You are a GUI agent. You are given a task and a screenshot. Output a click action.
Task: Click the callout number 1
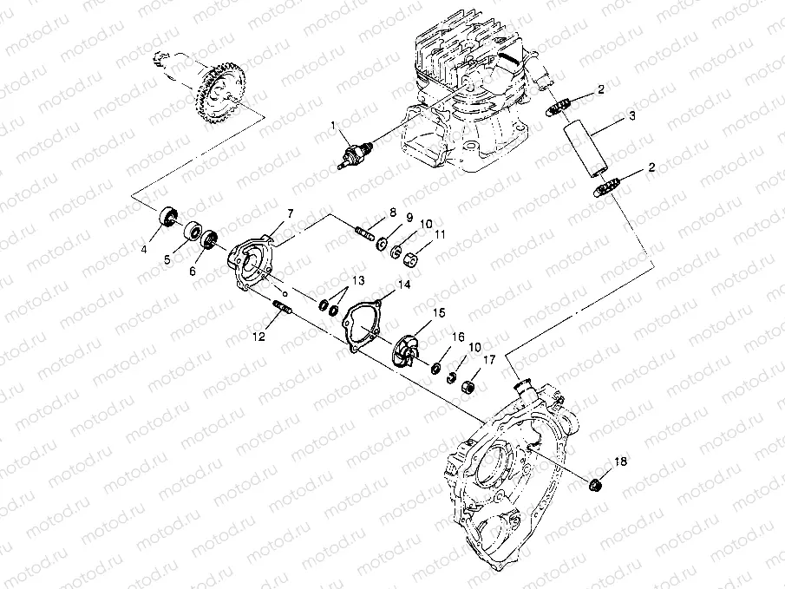pyautogui.click(x=333, y=125)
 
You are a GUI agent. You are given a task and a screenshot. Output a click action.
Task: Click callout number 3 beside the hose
pyautogui.click(x=632, y=116)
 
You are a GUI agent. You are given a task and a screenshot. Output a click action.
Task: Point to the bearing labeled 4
pyautogui.click(x=167, y=216)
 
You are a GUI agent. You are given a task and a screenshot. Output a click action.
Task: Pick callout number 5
pyautogui.click(x=167, y=259)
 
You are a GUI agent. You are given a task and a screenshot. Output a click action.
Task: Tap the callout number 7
pyautogui.click(x=290, y=214)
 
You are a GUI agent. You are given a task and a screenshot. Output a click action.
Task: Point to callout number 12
pyautogui.click(x=258, y=337)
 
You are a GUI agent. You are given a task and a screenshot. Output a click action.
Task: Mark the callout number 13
pyautogui.click(x=358, y=280)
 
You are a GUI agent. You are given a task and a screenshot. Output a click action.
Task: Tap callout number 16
pyautogui.click(x=459, y=337)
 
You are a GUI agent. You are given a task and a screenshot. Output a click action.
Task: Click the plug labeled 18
pyautogui.click(x=595, y=484)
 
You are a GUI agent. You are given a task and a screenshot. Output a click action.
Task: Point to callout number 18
pyautogui.click(x=620, y=461)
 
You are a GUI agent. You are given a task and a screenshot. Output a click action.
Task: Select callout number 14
pyautogui.click(x=404, y=285)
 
